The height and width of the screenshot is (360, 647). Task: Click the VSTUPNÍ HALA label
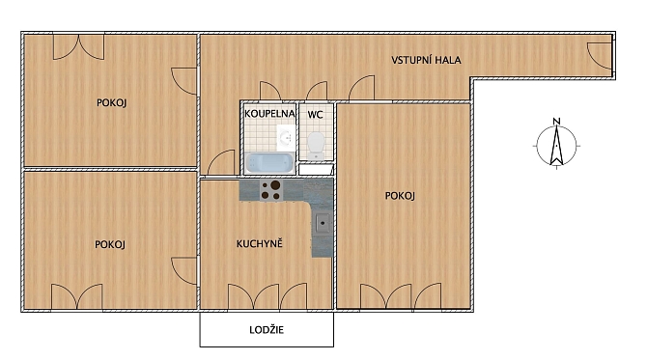coord(426,60)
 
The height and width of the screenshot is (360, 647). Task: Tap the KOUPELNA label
coord(269,114)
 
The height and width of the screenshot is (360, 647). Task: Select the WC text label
coord(315,115)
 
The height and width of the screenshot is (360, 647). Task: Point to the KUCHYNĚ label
coord(260,244)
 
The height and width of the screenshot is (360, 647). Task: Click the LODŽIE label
coord(267,330)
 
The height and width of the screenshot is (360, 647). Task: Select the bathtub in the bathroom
coord(269,163)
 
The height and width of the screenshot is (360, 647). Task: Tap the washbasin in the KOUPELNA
coord(286,137)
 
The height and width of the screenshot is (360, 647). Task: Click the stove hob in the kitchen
coord(271,190)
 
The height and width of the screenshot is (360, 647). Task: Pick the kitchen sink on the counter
coord(323,224)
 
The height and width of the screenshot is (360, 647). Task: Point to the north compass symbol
coord(556,146)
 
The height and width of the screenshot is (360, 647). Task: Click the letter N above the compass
coord(556,122)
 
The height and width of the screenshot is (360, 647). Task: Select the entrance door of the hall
coord(600,56)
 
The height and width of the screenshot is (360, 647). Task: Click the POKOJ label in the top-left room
coord(111,102)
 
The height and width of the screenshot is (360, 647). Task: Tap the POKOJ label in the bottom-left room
coord(110,244)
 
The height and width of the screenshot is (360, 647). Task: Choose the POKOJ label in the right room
coord(400,196)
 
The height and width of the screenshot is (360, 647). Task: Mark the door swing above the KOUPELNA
coord(270,91)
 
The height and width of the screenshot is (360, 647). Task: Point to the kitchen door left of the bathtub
coord(221,162)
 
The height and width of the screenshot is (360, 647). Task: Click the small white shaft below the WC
coord(316,169)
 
